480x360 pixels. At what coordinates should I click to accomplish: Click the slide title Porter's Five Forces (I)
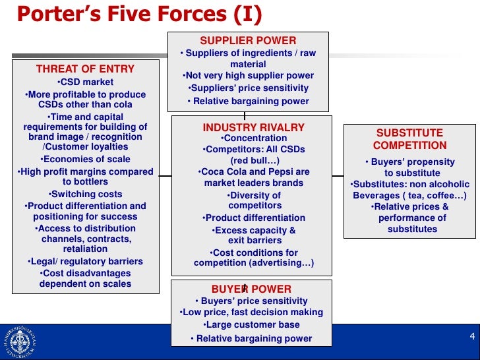point(139,13)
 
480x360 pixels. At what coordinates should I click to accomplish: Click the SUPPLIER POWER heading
point(248,41)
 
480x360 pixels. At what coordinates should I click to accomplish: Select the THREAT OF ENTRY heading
point(85,69)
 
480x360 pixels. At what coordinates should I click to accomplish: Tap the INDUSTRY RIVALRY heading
point(254,127)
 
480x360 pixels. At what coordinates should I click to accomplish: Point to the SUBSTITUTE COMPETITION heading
point(409,139)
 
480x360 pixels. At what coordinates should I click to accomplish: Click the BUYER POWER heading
point(251,289)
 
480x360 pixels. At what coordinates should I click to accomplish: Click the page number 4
point(472,337)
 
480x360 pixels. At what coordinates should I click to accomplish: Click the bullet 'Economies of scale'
point(85,159)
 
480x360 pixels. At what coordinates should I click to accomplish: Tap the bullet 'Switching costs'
point(85,194)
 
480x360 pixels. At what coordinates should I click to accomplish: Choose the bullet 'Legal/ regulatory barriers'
point(85,261)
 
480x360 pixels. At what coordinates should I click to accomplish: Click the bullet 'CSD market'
point(85,82)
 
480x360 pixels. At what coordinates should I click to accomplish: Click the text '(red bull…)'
point(254,160)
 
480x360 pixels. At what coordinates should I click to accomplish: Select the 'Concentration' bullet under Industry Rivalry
point(254,138)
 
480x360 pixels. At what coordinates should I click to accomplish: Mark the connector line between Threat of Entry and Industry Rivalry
point(165,176)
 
